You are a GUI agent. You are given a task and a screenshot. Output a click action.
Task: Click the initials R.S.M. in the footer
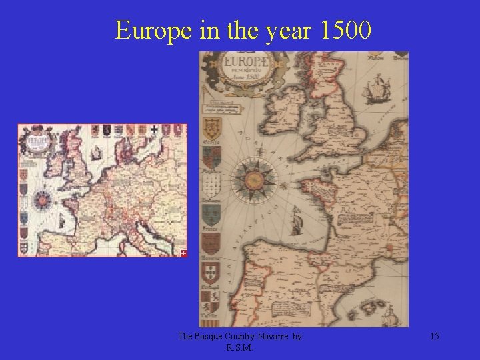[239, 347]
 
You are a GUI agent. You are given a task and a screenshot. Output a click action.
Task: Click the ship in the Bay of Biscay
[295, 218]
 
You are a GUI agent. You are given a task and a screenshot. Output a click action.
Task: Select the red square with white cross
[184, 253]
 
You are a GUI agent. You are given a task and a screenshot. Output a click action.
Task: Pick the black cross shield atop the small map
[154, 130]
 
